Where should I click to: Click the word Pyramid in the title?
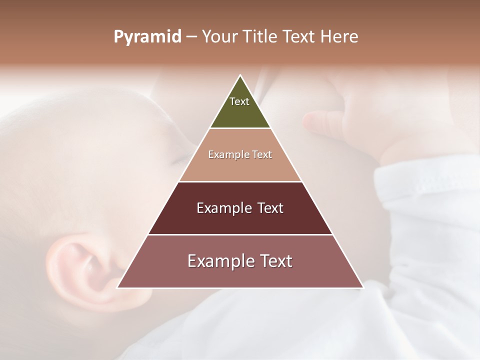(147, 37)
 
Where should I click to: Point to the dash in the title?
(191, 37)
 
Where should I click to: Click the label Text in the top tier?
(239, 101)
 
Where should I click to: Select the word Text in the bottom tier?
(273, 261)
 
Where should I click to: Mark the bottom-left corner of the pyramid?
(118, 287)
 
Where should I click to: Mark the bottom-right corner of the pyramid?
(362, 287)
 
